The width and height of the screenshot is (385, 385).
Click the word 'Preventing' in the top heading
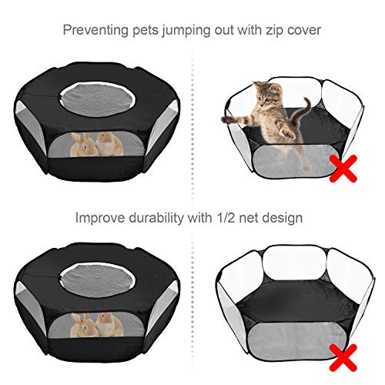96,30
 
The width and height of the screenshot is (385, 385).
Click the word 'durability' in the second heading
156,217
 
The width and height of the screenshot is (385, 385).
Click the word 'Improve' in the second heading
100,218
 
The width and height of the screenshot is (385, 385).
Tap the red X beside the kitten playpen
343,169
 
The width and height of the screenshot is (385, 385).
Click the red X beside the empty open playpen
343,357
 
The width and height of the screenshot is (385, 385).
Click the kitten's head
266,95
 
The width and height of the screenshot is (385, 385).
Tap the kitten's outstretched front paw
227,119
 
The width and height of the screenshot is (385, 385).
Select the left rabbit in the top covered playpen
83,145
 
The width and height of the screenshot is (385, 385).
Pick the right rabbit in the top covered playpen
109,144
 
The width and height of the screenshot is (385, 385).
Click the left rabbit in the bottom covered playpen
83,325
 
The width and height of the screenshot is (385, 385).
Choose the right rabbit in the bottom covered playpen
109,324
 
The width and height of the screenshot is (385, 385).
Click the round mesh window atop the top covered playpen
97,99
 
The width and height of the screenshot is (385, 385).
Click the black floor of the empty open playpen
295,304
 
